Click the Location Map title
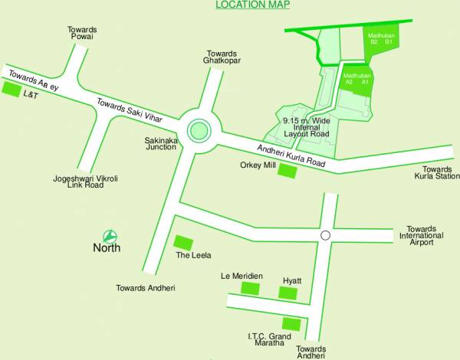[252, 5]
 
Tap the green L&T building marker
[11, 90]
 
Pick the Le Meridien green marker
[250, 288]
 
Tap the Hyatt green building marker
[287, 293]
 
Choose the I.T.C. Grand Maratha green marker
[291, 323]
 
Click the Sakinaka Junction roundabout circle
[199, 130]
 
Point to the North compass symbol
[110, 235]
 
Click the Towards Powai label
[82, 34]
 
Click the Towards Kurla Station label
[438, 173]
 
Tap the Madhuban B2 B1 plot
[380, 38]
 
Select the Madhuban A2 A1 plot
[357, 80]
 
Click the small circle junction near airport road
[325, 235]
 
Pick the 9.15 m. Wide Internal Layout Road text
[305, 127]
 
